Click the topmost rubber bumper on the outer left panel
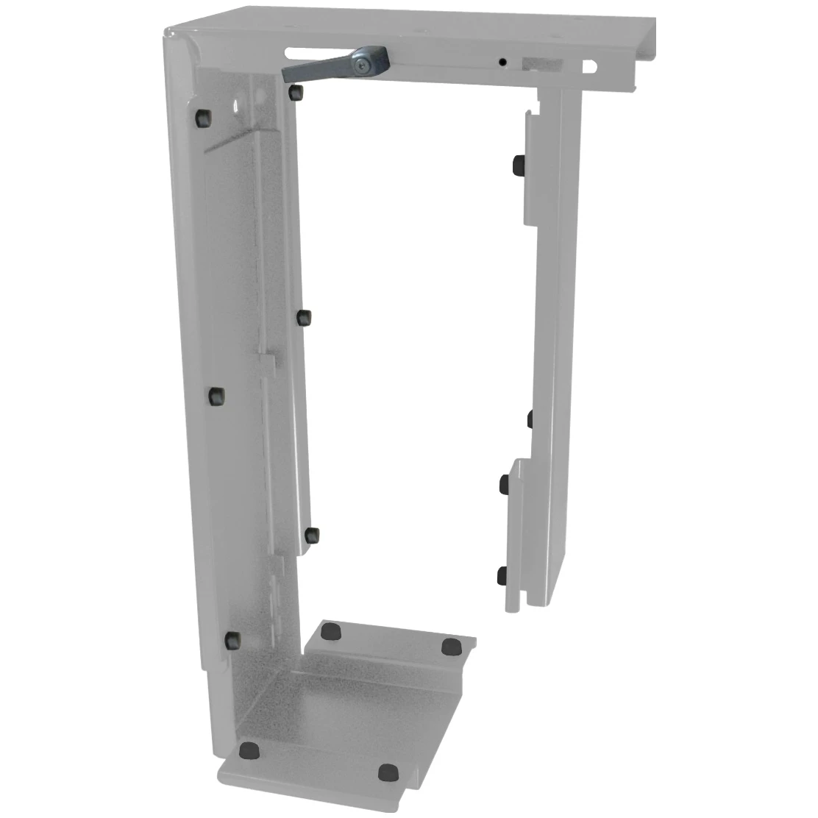(x=202, y=117)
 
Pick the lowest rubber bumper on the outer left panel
(x=233, y=639)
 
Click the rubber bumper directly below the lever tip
(x=296, y=92)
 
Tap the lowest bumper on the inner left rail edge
(x=310, y=536)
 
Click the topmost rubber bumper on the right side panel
(x=518, y=164)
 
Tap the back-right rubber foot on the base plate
(x=451, y=647)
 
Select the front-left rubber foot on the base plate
(x=250, y=750)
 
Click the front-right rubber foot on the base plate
(x=388, y=772)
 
